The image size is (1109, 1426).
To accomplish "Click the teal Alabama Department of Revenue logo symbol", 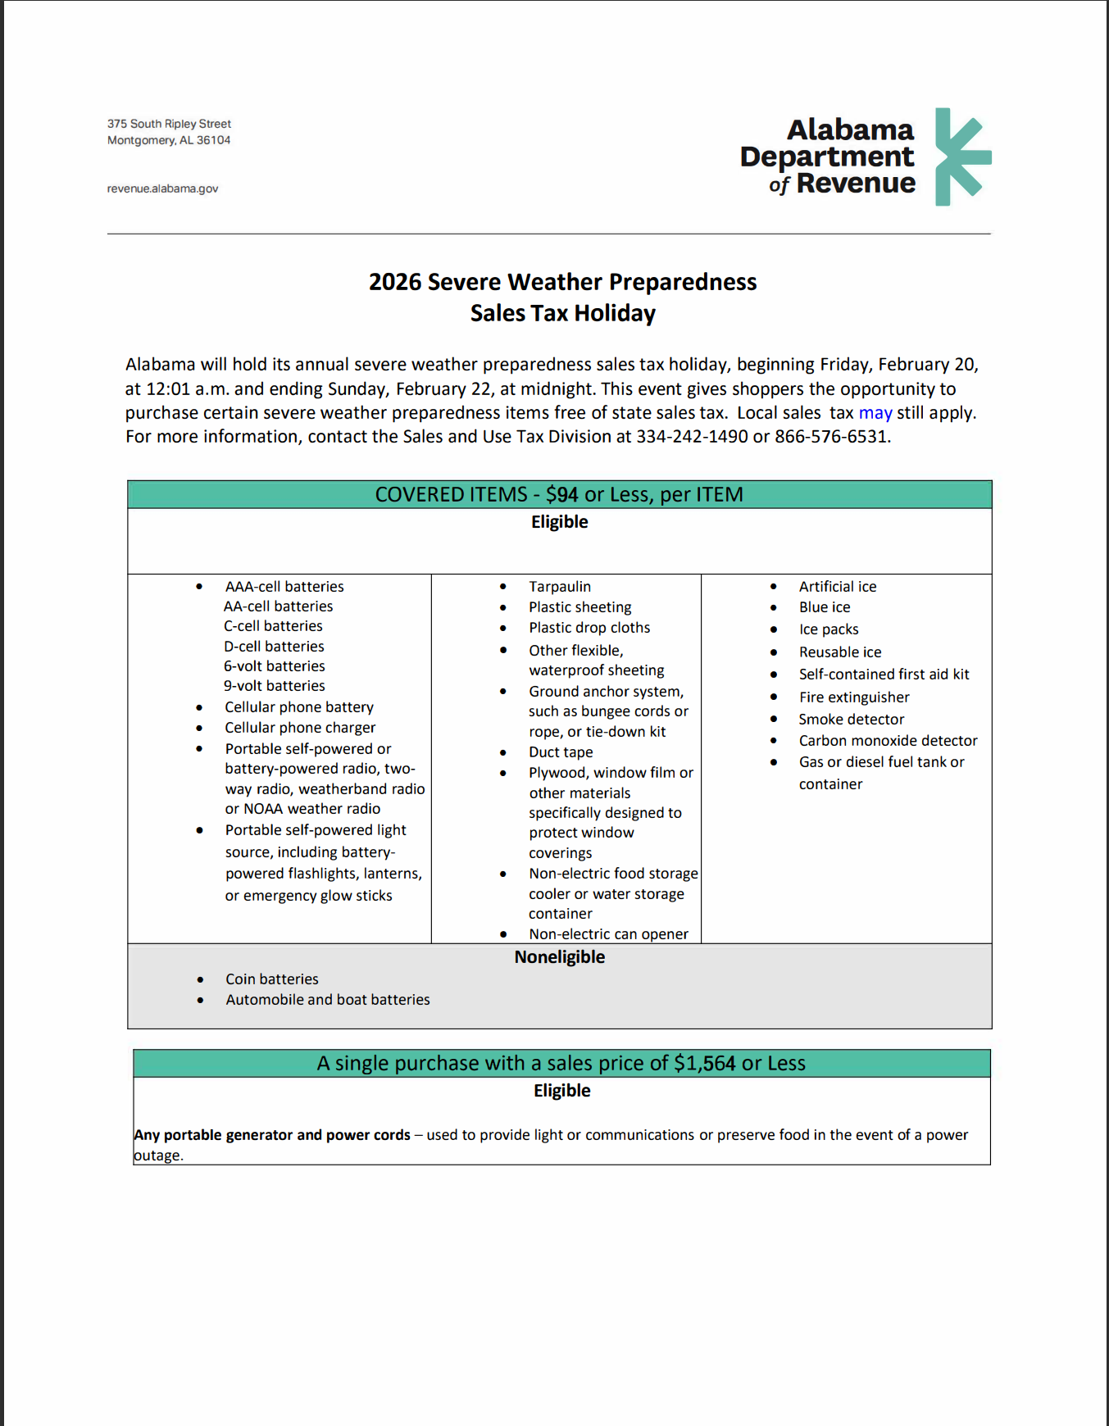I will [962, 157].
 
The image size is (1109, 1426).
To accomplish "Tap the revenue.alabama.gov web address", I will [162, 188].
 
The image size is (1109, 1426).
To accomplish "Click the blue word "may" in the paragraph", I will [875, 413].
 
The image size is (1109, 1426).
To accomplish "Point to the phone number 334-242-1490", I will [692, 437].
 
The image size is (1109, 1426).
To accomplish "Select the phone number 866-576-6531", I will [831, 437].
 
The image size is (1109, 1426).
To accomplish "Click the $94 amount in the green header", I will [561, 495].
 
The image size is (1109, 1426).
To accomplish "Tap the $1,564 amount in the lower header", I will [704, 1064].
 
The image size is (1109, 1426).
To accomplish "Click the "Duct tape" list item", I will [561, 752].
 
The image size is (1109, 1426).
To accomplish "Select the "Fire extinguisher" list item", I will [853, 697].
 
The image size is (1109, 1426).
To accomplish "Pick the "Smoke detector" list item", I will [851, 720].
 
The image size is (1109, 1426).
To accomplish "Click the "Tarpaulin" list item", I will [559, 587].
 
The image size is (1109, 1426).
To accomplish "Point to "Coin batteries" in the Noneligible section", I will [271, 979].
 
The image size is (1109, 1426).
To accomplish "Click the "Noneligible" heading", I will [559, 957].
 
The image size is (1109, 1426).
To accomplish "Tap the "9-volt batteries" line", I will [274, 686].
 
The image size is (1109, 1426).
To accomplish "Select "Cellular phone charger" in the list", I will [300, 728].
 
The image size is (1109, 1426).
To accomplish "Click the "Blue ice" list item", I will [824, 607].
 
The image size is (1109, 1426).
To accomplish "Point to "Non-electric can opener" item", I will [608, 934].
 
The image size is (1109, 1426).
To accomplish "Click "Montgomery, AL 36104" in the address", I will [169, 140].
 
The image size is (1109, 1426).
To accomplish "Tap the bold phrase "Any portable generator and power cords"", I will [272, 1135].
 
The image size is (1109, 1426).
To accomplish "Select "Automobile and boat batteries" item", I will [327, 1000].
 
